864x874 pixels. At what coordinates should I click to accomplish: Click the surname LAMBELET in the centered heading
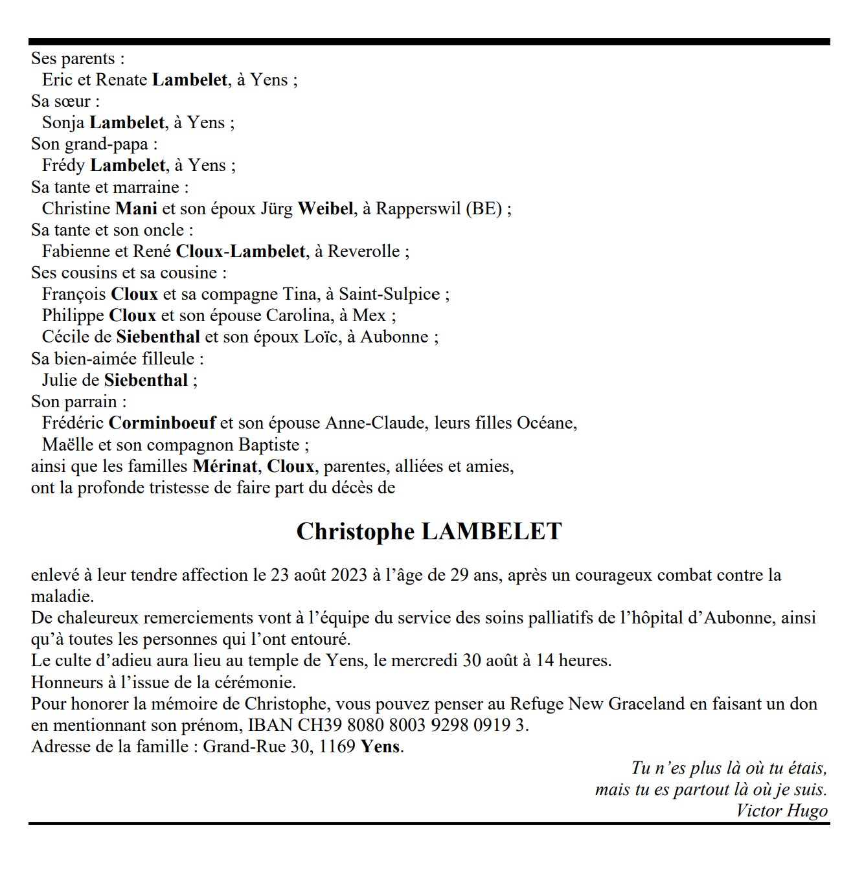pos(492,532)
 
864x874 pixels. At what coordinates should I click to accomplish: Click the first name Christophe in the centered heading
pos(356,532)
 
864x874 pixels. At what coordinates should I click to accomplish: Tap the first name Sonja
pos(63,122)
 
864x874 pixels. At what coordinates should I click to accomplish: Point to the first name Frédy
pos(63,166)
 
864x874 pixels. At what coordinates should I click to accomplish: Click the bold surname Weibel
pos(326,208)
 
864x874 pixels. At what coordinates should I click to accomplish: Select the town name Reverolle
pos(363,251)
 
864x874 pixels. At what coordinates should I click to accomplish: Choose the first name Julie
pos(59,380)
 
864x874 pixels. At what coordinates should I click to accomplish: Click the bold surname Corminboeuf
pos(162,423)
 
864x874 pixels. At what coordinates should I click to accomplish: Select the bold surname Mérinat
pos(225,466)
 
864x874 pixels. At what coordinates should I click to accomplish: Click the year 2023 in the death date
pos(349,575)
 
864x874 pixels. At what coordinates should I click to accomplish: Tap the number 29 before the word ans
pos(459,575)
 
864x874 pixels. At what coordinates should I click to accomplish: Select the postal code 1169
pos(337,746)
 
